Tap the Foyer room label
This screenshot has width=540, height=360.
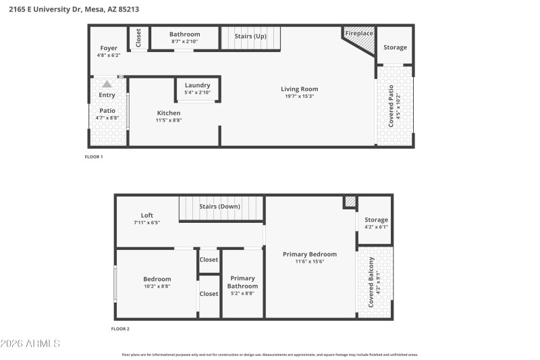(x=109, y=48)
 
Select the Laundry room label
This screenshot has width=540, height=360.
(x=198, y=85)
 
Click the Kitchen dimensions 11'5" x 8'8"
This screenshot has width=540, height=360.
(x=169, y=120)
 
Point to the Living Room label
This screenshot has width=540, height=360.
(x=299, y=89)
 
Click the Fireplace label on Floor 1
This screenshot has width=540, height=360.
(x=359, y=33)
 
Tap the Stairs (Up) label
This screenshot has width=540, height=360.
(x=250, y=36)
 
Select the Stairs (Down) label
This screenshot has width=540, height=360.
(x=220, y=206)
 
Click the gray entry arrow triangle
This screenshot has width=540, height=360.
(x=107, y=84)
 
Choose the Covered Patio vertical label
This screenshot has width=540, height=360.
(x=391, y=105)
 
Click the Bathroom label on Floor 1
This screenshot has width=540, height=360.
(x=184, y=34)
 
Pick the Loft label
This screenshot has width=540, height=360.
(x=147, y=215)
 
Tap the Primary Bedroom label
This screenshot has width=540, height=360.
(x=309, y=254)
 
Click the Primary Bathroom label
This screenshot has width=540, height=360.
(x=242, y=282)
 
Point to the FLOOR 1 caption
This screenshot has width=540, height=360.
(x=93, y=157)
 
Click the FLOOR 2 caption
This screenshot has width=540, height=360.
(x=120, y=329)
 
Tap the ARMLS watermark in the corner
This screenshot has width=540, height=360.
(x=30, y=344)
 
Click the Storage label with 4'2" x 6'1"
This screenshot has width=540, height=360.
(x=376, y=220)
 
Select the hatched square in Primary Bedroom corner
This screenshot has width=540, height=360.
(x=350, y=201)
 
